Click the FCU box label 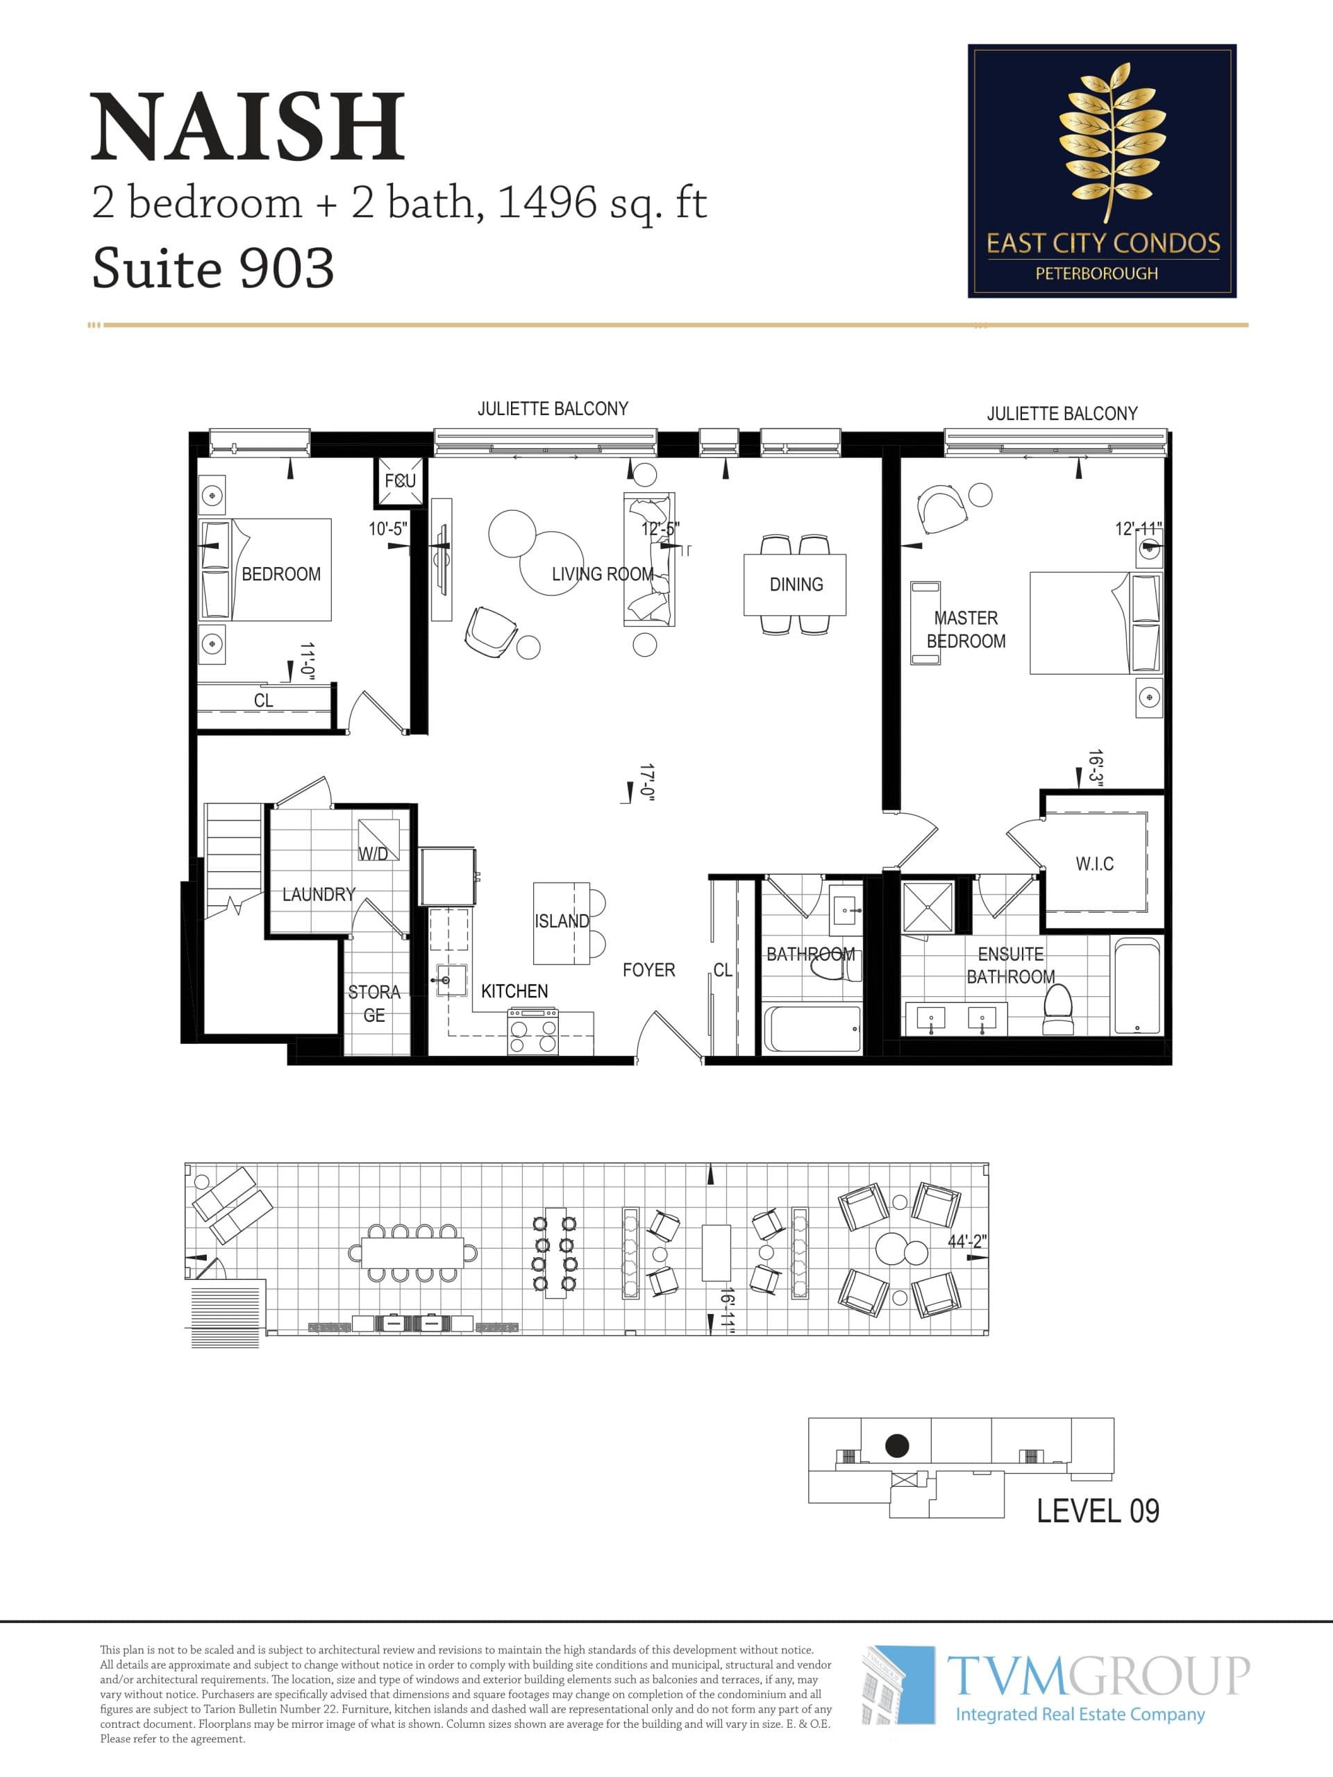[399, 481]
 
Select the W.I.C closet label [1094, 864]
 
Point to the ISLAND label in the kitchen [561, 921]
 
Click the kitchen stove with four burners [533, 1031]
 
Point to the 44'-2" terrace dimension [966, 1241]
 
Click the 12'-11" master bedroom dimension [1138, 530]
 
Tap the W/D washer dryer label [373, 854]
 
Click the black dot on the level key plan [897, 1446]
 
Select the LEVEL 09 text [1098, 1511]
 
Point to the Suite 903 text [213, 269]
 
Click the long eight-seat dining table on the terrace [412, 1252]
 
